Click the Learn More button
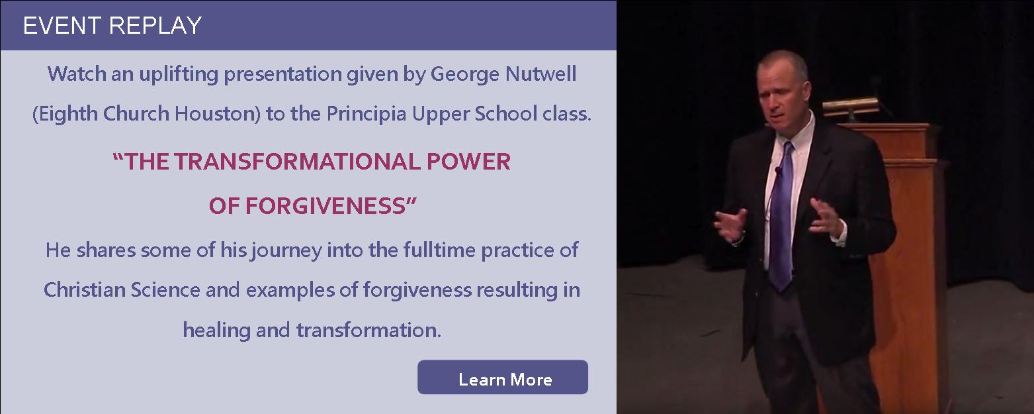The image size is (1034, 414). pyautogui.click(x=503, y=377)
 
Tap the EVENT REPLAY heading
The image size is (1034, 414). pyautogui.click(x=112, y=25)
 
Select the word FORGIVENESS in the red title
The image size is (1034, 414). pyautogui.click(x=325, y=205)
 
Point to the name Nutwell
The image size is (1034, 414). pyautogui.click(x=541, y=74)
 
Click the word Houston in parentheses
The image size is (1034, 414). pyautogui.click(x=218, y=114)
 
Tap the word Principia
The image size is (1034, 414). pyautogui.click(x=366, y=114)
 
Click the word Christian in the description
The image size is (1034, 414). pyautogui.click(x=85, y=289)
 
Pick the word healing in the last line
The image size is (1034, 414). pyautogui.click(x=216, y=331)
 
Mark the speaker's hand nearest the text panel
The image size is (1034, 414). pyautogui.click(x=730, y=225)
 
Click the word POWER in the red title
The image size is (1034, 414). pyautogui.click(x=468, y=161)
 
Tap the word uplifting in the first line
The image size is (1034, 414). pyautogui.click(x=179, y=75)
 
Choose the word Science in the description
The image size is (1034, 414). pyautogui.click(x=165, y=289)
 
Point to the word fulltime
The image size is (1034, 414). pyautogui.click(x=440, y=250)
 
